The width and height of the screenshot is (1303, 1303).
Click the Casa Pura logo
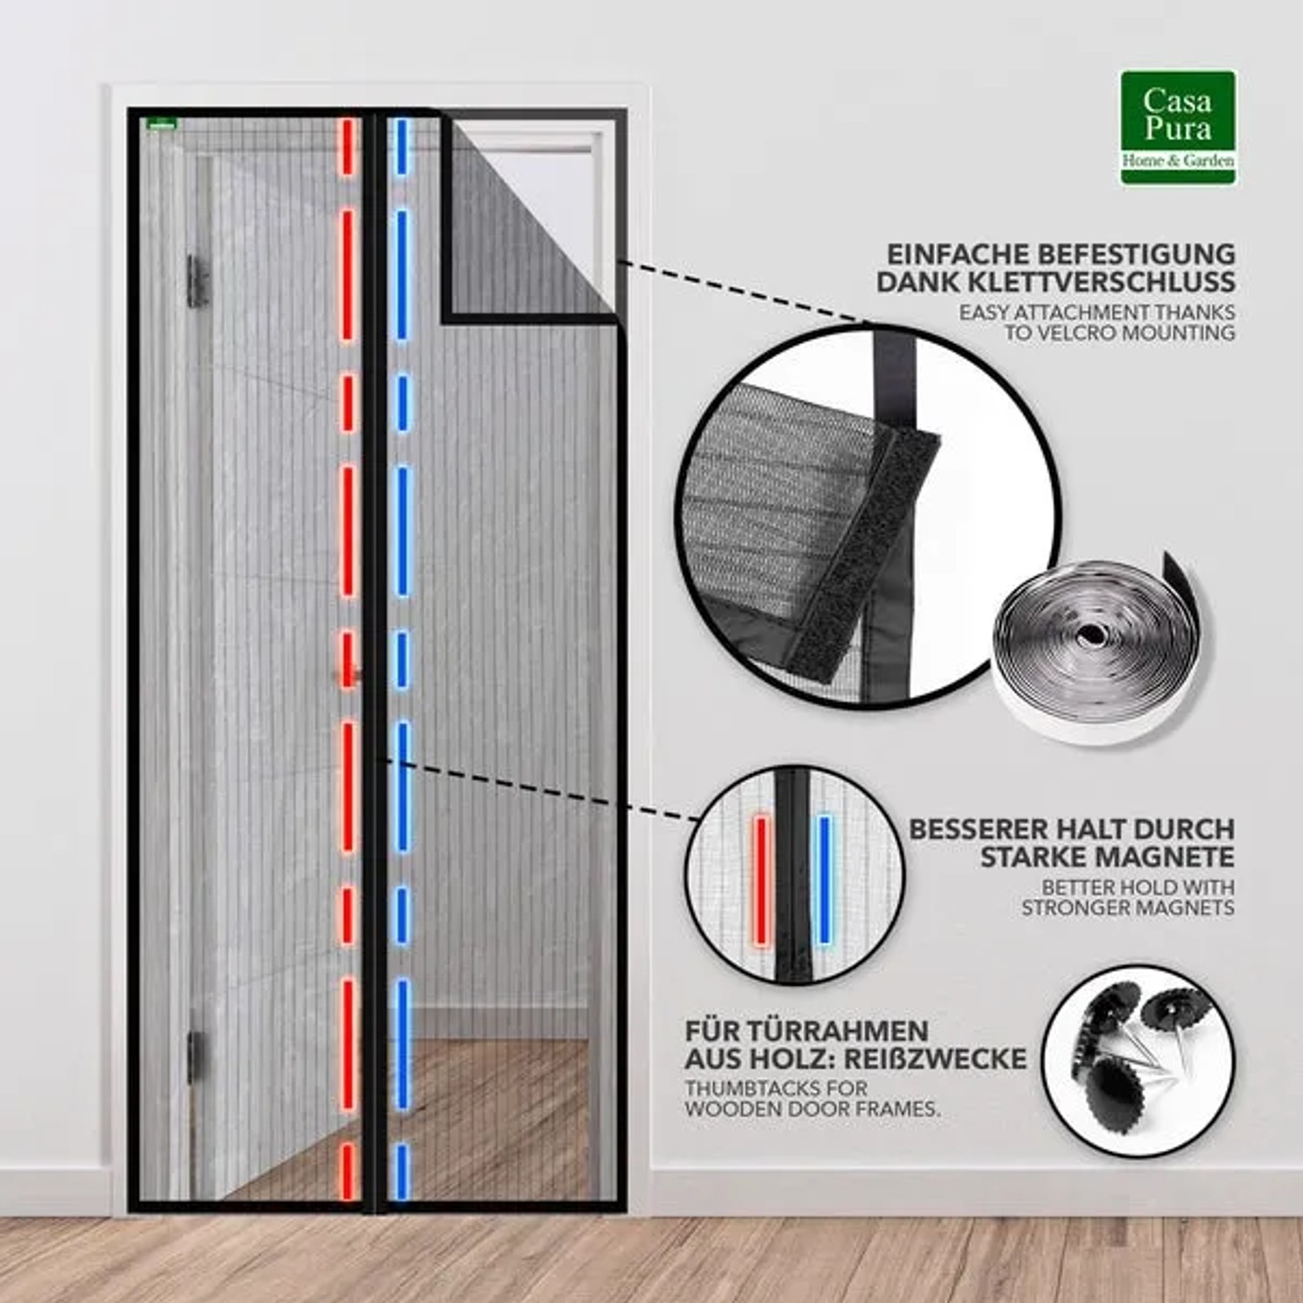1178,128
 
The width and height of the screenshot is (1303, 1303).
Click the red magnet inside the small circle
762,880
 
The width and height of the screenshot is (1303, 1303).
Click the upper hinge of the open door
197,280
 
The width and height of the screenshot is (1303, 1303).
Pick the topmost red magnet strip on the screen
348,148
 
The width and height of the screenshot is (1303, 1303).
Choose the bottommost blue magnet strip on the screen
401,1170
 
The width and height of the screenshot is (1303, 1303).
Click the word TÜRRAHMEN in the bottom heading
807,1031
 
